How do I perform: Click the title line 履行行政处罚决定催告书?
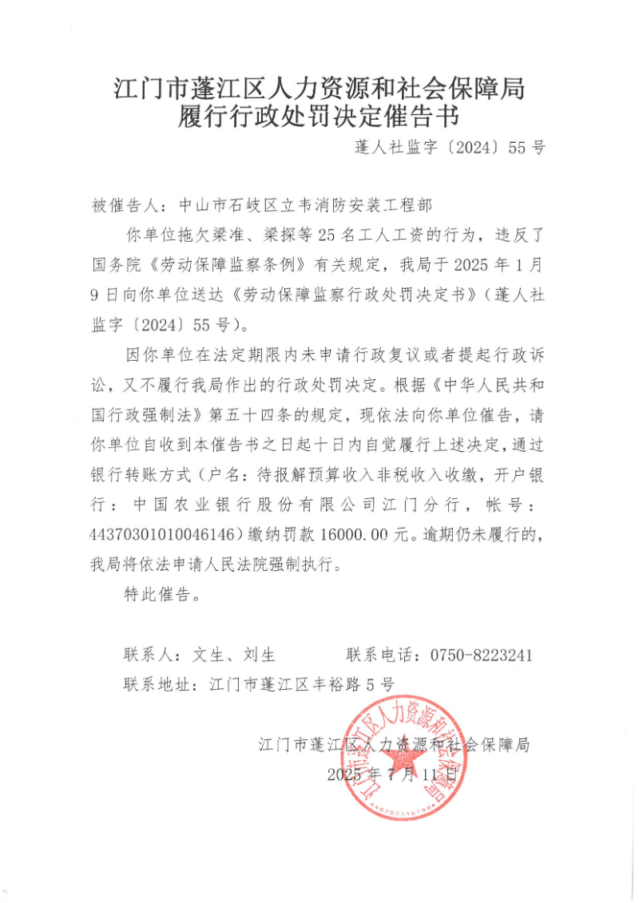coord(319,117)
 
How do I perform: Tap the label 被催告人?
coord(125,205)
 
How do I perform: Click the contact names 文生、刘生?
coord(233,655)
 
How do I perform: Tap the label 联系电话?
coord(379,655)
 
